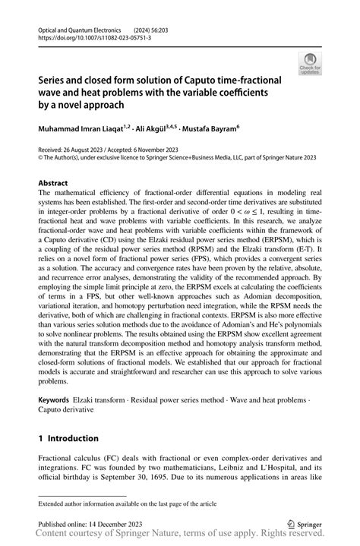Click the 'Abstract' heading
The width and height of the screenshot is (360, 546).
point(54,184)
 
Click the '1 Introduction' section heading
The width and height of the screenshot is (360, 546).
point(68,438)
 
